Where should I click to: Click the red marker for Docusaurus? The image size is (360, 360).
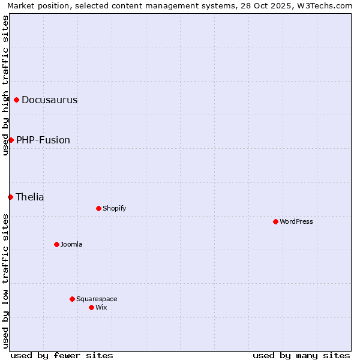click(17, 100)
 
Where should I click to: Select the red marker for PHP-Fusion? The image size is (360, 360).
click(11, 140)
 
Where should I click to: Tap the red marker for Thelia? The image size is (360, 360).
click(10, 197)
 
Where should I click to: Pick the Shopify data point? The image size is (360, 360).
click(98, 208)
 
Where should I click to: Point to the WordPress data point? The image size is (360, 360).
click(275, 221)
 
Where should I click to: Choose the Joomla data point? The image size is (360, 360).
click(56, 244)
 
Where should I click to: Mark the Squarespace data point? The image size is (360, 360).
click(72, 299)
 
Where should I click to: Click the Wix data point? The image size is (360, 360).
click(91, 307)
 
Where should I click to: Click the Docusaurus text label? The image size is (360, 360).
click(49, 100)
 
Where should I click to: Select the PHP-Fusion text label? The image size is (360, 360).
click(43, 140)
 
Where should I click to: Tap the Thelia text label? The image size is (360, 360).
click(30, 197)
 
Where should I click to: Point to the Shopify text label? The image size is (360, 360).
click(114, 208)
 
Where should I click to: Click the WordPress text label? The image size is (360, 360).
click(296, 221)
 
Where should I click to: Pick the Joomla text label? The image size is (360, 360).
click(71, 244)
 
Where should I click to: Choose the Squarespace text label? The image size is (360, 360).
click(97, 299)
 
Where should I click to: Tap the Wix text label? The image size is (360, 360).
click(101, 307)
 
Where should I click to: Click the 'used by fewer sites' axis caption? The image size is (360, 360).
click(62, 355)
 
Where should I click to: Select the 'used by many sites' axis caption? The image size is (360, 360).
click(301, 355)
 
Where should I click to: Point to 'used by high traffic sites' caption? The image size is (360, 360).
click(5, 85)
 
